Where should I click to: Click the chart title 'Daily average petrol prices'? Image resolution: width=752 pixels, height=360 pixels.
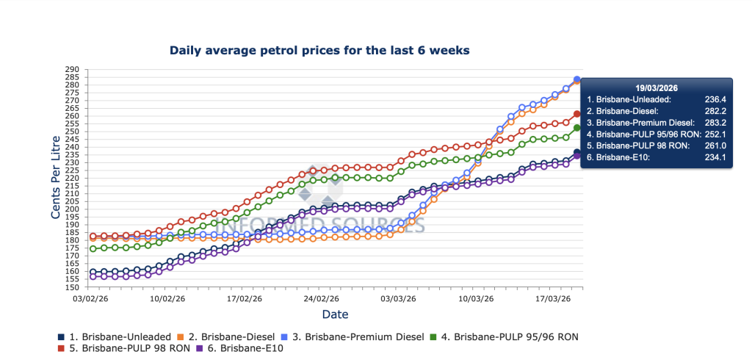click(x=319, y=51)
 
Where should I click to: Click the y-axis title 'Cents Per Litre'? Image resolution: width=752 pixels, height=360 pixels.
click(x=56, y=178)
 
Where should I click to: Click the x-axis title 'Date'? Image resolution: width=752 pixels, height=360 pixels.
click(x=335, y=314)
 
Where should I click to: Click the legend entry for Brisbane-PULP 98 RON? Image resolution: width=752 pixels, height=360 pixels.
click(x=132, y=348)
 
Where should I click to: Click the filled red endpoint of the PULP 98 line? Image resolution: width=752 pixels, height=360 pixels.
click(x=577, y=114)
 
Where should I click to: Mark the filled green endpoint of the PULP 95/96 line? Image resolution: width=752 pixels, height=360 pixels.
click(x=577, y=128)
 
